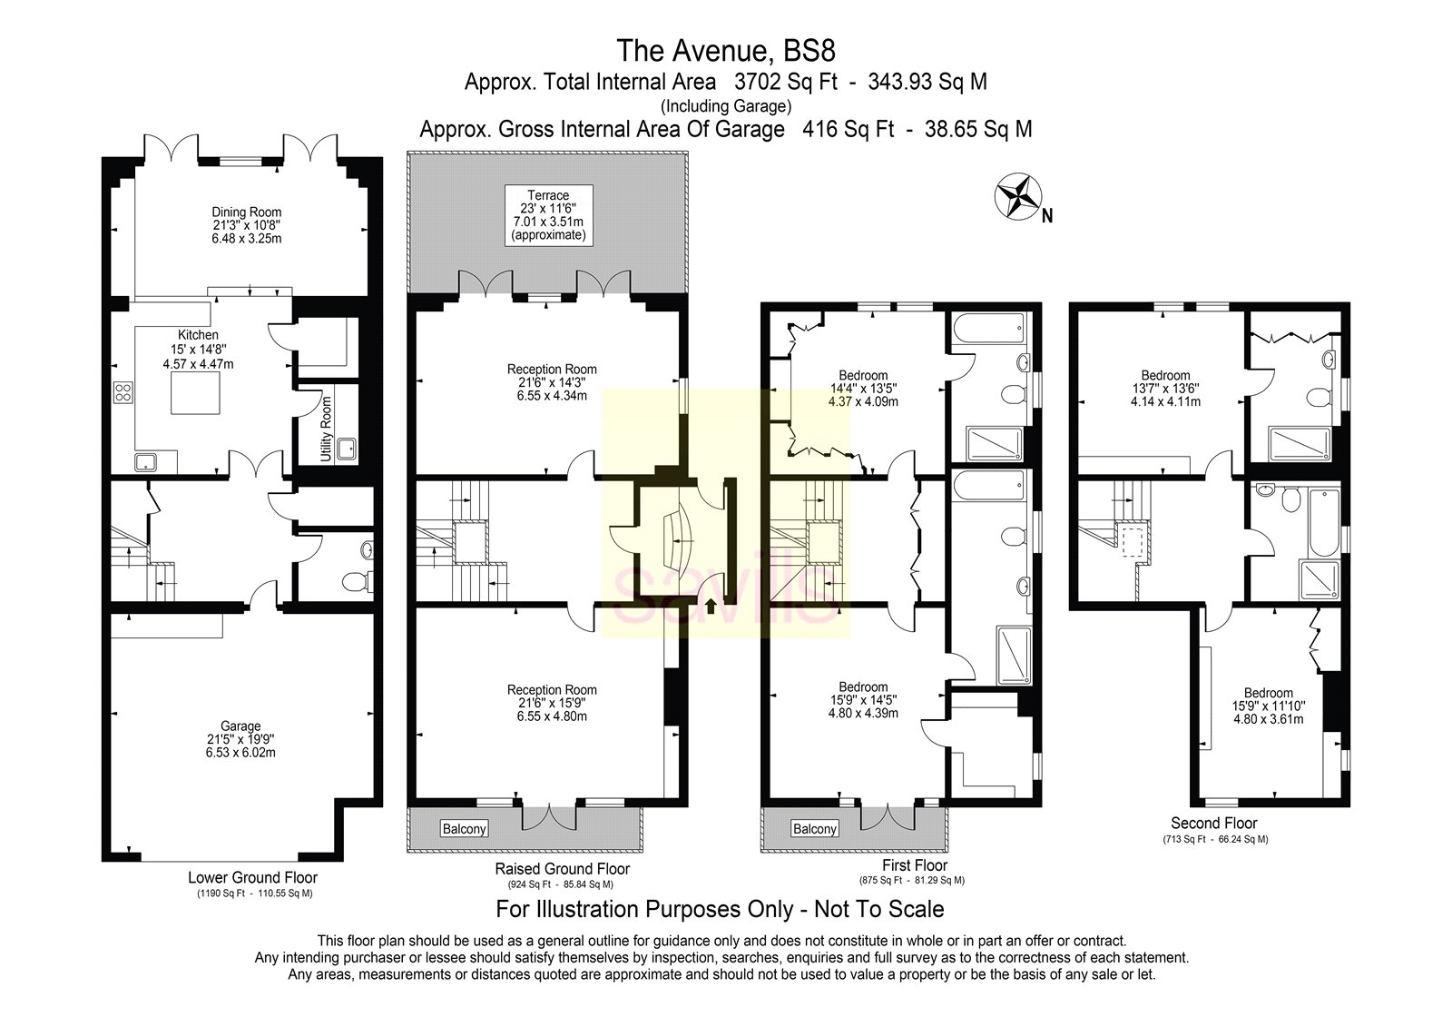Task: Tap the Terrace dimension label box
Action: point(548,215)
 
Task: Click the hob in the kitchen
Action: point(123,393)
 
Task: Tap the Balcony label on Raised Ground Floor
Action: point(465,828)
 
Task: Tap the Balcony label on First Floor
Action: point(814,828)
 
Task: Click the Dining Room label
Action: point(240,225)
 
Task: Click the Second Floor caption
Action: point(1213,823)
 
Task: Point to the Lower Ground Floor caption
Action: point(253,877)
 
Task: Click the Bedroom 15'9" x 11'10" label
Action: point(1268,706)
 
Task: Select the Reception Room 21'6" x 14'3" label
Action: point(552,382)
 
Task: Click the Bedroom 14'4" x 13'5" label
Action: point(863,388)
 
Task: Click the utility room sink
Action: point(346,448)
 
